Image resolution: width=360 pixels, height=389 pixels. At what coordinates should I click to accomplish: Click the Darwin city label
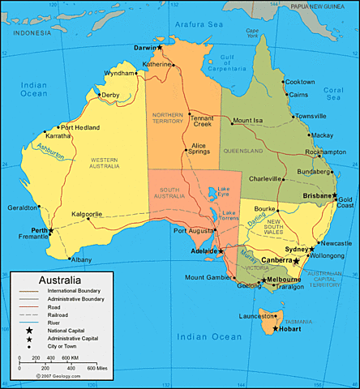[144, 49]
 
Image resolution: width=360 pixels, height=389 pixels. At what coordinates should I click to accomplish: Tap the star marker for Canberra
[297, 261]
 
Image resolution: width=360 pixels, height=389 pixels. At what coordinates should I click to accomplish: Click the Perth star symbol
[51, 230]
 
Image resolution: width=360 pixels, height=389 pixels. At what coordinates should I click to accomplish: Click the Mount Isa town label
[248, 122]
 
